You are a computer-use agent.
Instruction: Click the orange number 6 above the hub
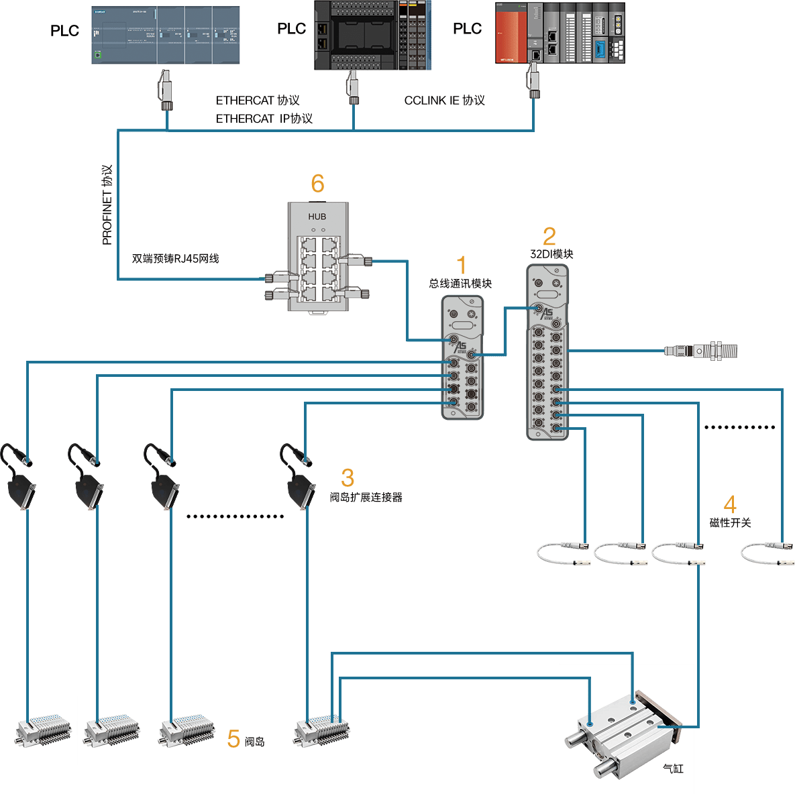click(317, 183)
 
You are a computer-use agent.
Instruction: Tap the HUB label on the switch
click(317, 217)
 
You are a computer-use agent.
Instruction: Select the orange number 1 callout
click(461, 266)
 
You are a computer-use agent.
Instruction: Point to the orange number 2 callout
click(549, 236)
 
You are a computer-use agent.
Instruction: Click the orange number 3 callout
click(347, 477)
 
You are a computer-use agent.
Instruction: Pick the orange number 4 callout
click(730, 504)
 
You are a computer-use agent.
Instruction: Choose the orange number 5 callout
click(233, 739)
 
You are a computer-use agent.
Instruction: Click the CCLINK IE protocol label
click(444, 101)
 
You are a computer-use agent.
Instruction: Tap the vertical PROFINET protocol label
click(107, 205)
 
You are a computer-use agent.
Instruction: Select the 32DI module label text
click(551, 254)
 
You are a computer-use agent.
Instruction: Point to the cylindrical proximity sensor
click(701, 350)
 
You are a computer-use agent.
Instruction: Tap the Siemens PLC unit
click(166, 36)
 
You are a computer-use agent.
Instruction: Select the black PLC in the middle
click(372, 36)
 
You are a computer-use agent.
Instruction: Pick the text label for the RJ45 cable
click(175, 258)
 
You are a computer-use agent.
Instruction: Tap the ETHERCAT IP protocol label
click(264, 119)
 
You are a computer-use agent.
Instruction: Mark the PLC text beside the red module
click(467, 29)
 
